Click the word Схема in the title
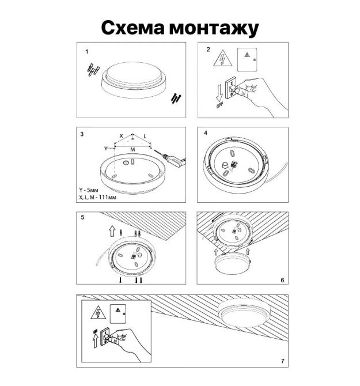click(x=132, y=28)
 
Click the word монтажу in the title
click(x=214, y=29)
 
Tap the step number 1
click(x=87, y=52)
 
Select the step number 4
click(x=206, y=133)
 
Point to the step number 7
click(x=282, y=361)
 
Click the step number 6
click(x=282, y=280)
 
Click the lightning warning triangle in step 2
click(x=223, y=58)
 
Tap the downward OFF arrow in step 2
click(x=219, y=94)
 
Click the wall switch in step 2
click(x=231, y=88)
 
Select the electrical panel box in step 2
click(x=247, y=60)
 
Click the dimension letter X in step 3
click(x=122, y=136)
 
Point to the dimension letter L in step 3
click(x=145, y=136)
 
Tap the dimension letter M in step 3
click(x=132, y=150)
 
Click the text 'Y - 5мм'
click(x=89, y=190)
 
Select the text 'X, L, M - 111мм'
click(x=98, y=197)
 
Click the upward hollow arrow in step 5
click(x=112, y=231)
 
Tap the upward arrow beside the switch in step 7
click(x=95, y=340)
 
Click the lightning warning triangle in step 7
click(x=98, y=313)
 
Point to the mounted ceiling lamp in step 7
click(x=244, y=313)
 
